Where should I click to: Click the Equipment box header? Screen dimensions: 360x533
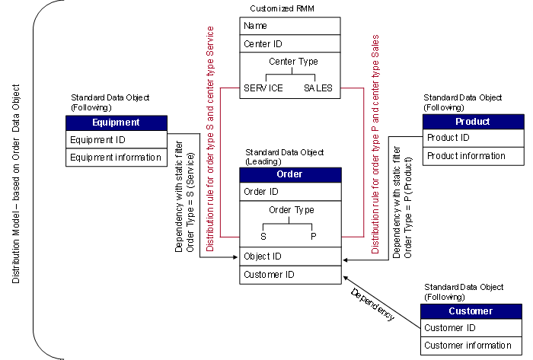tap(116, 123)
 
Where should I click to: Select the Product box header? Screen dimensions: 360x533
tap(473, 122)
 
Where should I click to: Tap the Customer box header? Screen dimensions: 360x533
tap(471, 311)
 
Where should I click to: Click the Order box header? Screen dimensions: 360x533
tap(290, 174)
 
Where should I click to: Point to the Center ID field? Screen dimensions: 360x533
tap(263, 43)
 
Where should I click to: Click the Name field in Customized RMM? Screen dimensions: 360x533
tap(256, 26)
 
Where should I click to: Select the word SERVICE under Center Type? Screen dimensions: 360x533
tap(263, 88)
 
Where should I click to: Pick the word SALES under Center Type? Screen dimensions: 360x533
tap(318, 88)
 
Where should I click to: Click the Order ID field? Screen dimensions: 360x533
tap(261, 192)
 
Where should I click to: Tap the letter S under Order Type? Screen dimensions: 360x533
tap(263, 237)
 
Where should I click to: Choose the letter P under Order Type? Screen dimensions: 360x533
tap(313, 237)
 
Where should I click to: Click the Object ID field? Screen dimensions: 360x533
tap(263, 256)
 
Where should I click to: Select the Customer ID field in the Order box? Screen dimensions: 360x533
tap(270, 275)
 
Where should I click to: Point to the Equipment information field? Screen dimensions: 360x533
tap(116, 158)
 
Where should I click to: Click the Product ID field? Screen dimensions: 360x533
tap(448, 138)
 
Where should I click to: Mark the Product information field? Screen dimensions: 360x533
tap(466, 156)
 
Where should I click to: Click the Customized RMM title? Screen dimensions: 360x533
tap(283, 8)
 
